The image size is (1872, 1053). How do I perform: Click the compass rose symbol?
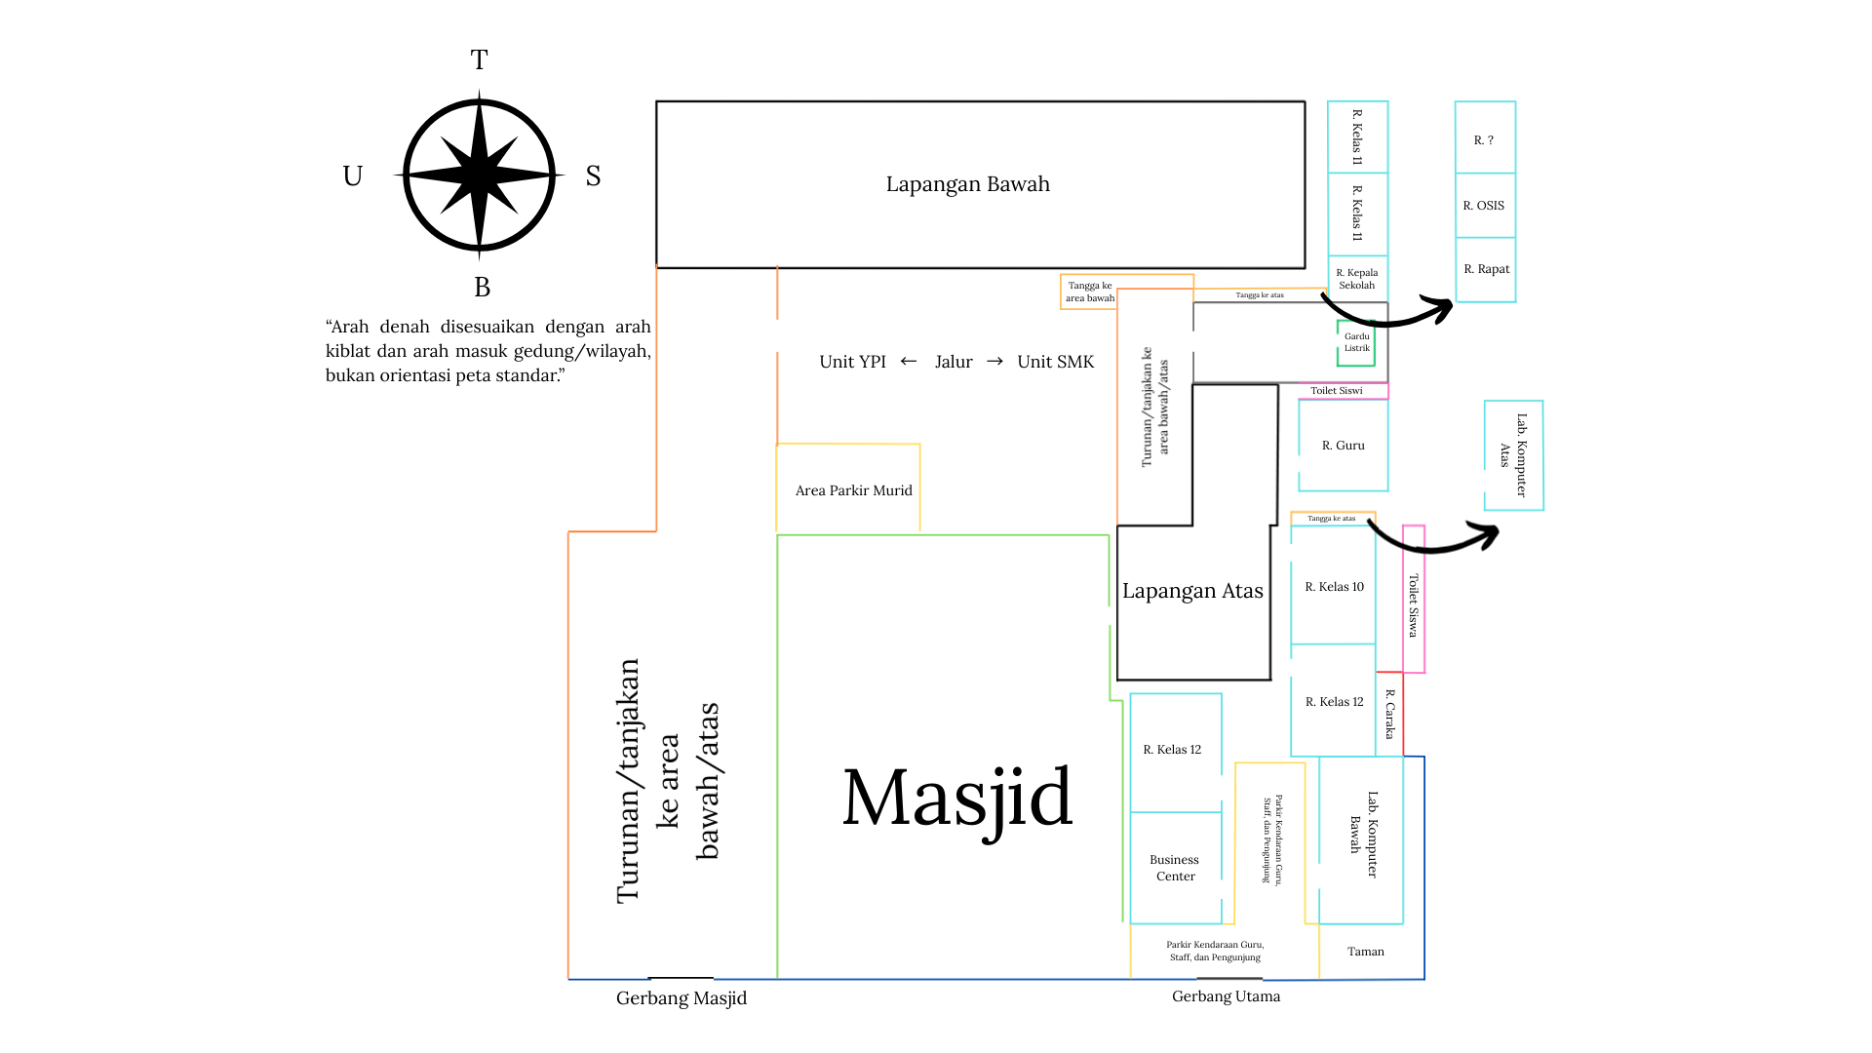479,175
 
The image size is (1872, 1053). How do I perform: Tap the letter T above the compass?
479,60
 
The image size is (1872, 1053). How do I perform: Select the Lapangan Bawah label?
968,184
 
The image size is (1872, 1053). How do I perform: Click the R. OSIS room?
1485,206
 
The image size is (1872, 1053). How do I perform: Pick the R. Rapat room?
1486,269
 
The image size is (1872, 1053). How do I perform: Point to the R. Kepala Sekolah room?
1357,279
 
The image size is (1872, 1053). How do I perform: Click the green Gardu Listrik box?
1356,342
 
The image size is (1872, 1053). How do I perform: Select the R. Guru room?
1344,446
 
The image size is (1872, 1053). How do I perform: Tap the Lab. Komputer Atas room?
1514,455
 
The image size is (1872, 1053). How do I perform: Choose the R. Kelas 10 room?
1334,586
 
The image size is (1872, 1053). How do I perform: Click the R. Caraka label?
1390,714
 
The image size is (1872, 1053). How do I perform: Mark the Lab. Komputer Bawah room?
1361,839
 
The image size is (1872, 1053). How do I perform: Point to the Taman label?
1366,952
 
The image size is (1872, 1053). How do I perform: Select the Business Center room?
1176,868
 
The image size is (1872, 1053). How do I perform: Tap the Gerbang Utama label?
1227,996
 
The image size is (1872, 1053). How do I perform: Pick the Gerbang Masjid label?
682,998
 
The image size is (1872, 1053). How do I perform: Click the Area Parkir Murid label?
854,490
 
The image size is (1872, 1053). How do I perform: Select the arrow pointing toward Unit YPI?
909,362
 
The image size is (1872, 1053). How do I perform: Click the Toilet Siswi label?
1337,391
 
